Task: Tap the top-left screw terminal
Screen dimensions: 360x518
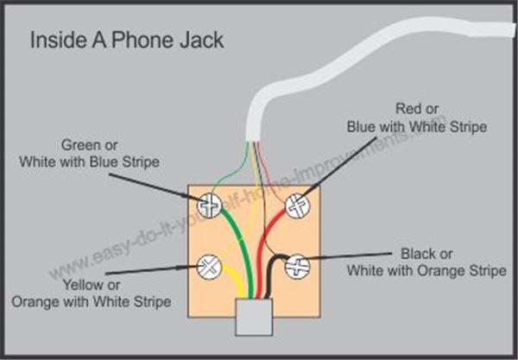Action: coord(211,205)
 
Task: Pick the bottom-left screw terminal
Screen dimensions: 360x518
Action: coord(208,265)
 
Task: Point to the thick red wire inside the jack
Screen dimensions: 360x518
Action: coord(266,250)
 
